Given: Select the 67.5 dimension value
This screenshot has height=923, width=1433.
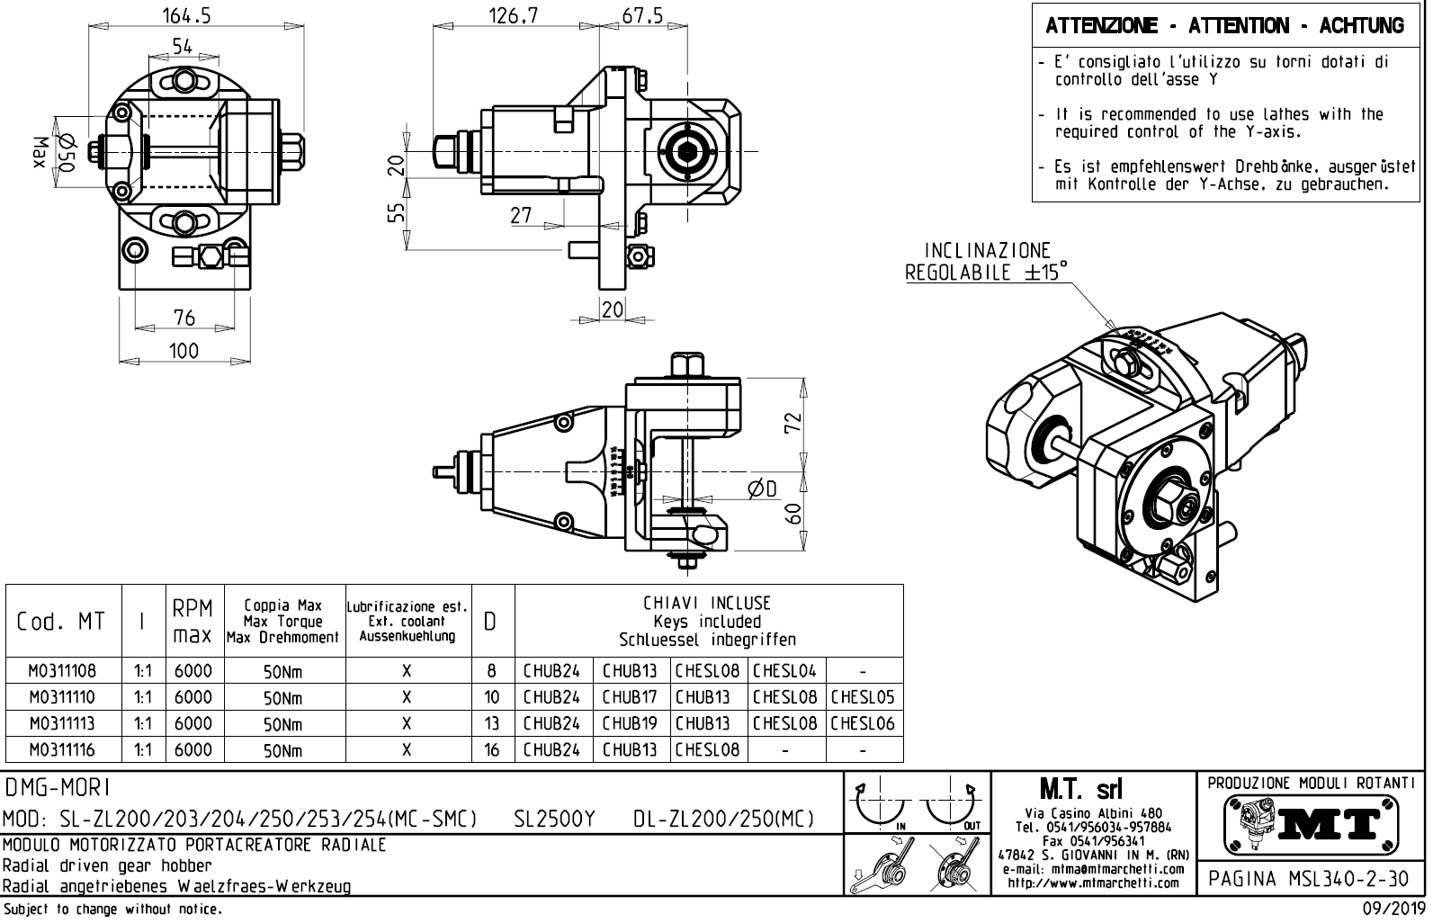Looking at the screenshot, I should pos(642,15).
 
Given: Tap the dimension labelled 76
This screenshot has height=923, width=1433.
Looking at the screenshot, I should pos(184,318).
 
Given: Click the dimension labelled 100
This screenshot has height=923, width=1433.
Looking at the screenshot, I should pos(184,350).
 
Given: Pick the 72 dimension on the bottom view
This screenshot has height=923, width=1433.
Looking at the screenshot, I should pos(793,422).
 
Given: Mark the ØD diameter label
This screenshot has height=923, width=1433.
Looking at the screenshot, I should pos(763,488).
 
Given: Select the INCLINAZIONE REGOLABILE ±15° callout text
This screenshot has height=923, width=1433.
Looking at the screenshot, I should pos(986,261).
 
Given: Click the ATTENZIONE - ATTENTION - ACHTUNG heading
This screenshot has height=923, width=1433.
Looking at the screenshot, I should pos(1224,26).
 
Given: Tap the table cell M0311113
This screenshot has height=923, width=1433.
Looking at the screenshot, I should pos(62,723).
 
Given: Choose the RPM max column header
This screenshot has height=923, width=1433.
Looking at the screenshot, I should pos(193,621).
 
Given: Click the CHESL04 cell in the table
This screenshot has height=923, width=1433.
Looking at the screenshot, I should pos(784,671).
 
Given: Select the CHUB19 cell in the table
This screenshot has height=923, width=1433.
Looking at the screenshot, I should pos(630,723).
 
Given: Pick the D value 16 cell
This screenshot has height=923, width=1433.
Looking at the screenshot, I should pos(491,749).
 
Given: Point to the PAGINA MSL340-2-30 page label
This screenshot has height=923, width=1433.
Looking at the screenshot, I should pos(1310,879).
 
